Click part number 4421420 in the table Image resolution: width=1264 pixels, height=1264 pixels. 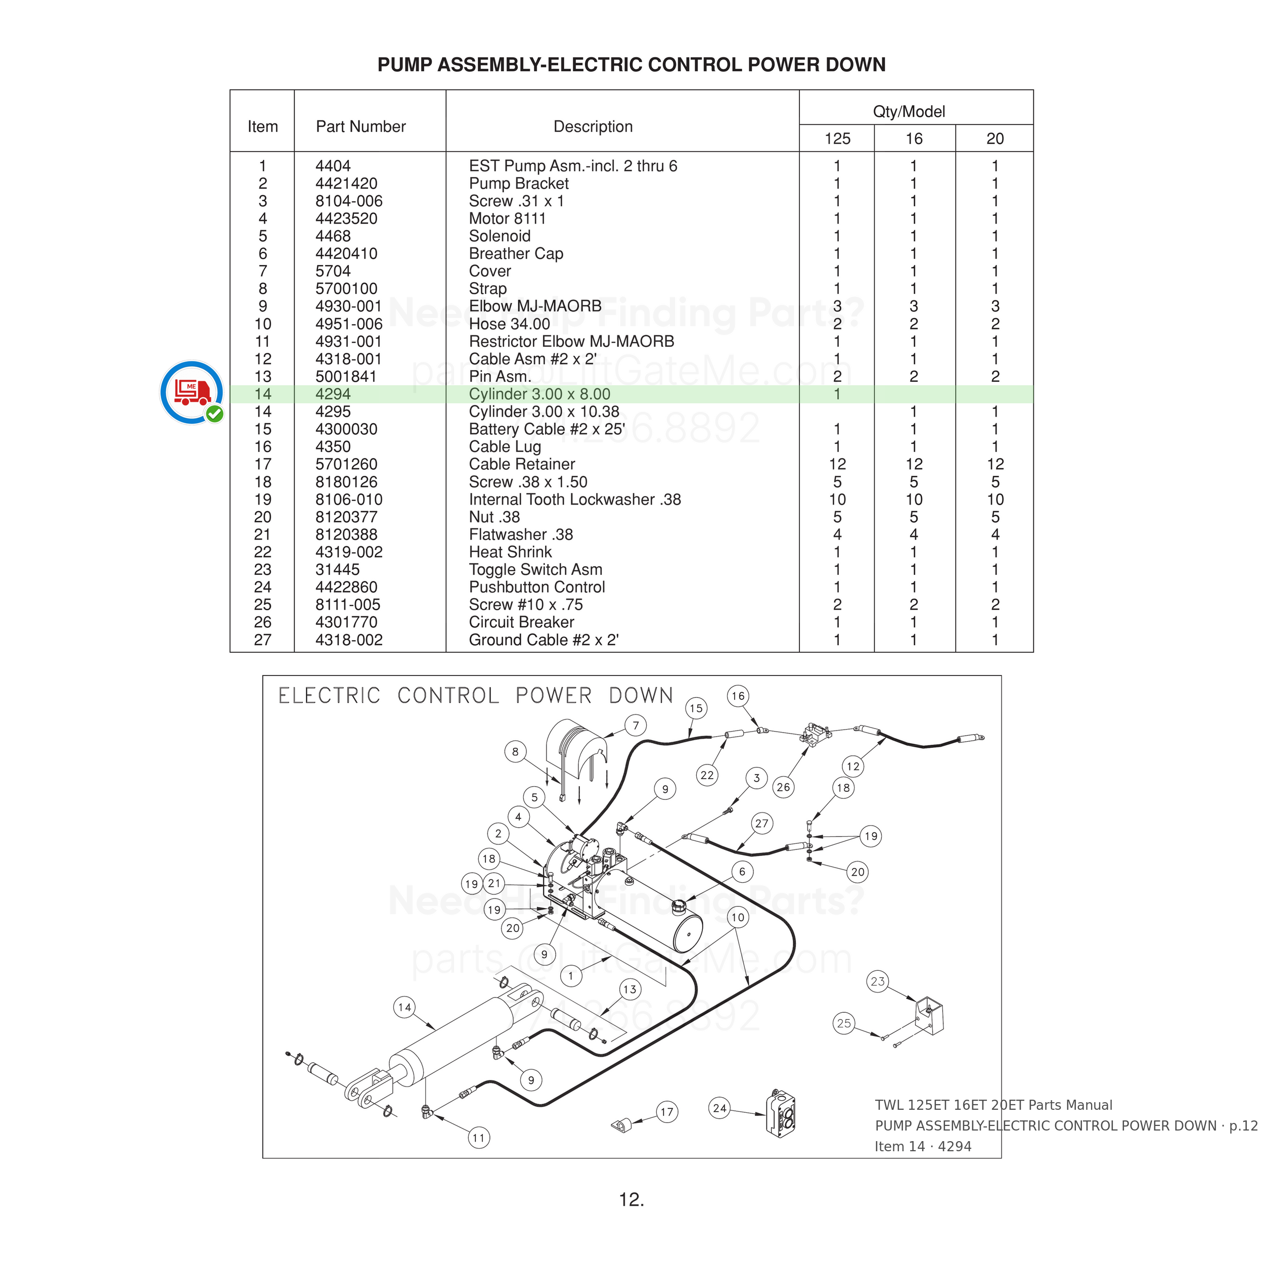(346, 184)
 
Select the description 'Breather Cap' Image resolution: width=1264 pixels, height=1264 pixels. (516, 254)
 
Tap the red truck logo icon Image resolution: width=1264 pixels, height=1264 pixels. (192, 392)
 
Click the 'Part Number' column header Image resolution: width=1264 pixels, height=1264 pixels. (360, 127)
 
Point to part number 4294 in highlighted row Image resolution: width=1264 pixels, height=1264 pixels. (333, 394)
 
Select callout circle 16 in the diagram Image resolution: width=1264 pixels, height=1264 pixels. (738, 696)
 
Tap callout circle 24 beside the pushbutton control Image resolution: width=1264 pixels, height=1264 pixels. (719, 1108)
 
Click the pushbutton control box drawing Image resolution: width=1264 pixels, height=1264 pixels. (781, 1113)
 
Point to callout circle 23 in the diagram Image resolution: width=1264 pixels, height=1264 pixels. (877, 981)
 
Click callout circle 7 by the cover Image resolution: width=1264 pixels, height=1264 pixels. (635, 726)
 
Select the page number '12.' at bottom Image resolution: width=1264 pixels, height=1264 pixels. (631, 1200)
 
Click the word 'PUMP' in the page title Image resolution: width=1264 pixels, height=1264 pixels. (405, 65)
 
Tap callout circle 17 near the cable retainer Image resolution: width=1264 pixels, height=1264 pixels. (667, 1111)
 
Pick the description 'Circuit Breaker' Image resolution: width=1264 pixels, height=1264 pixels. (521, 622)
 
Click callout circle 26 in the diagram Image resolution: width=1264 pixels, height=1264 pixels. (783, 787)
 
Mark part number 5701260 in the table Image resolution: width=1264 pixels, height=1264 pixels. (346, 465)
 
